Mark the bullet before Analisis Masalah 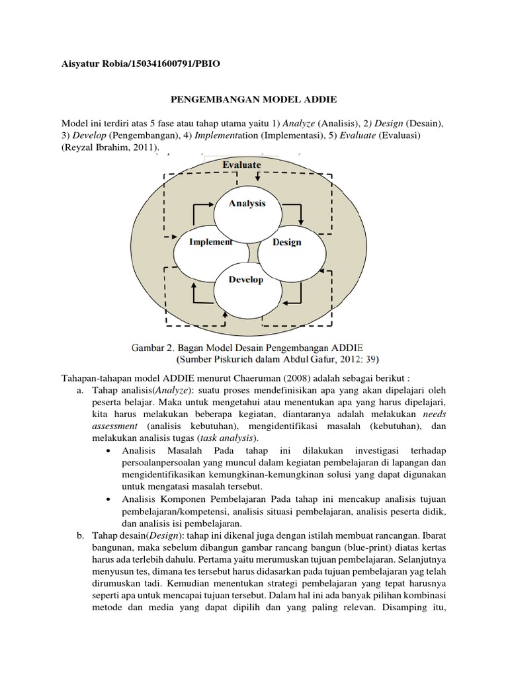point(108,451)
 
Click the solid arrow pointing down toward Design point(301,215)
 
